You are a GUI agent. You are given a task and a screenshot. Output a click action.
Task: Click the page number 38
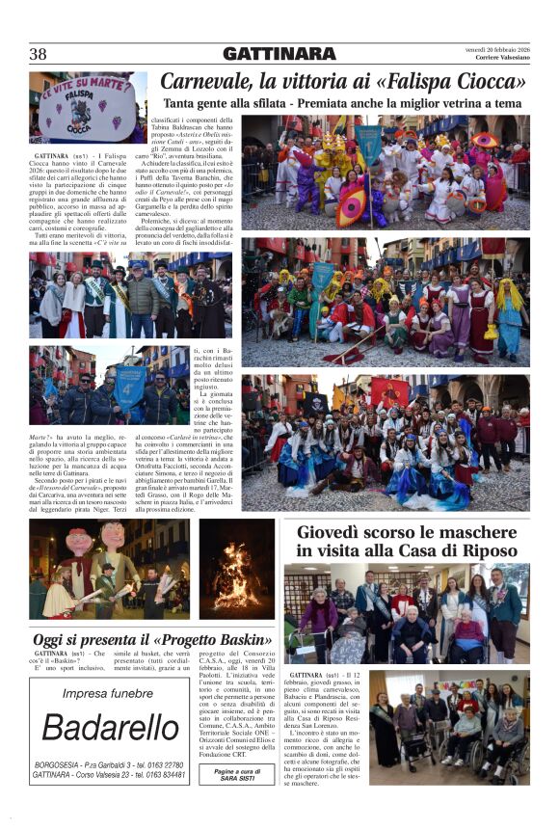click(39, 54)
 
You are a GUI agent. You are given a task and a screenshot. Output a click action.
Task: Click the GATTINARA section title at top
click(279, 54)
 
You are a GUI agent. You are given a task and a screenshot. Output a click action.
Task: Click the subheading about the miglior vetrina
click(342, 103)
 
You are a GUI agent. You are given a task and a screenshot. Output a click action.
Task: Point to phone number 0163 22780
click(163, 763)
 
